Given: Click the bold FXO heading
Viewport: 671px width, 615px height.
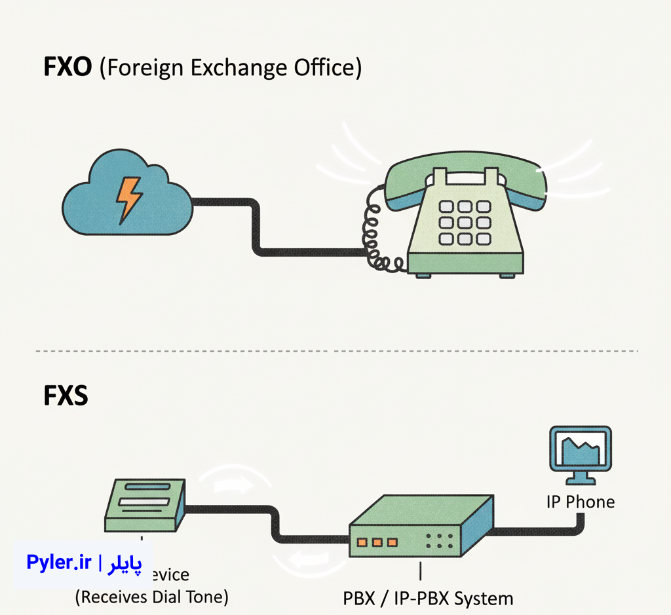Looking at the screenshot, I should coord(67,68).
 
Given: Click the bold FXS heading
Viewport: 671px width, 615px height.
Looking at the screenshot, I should coord(66,396).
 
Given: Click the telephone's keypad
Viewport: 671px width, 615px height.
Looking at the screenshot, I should coord(465,223).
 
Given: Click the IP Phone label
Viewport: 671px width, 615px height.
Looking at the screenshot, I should coord(581,502).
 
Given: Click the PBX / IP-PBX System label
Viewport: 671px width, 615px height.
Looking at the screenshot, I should coord(428,597).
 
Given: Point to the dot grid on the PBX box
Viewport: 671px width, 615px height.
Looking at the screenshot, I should coord(439,540).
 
